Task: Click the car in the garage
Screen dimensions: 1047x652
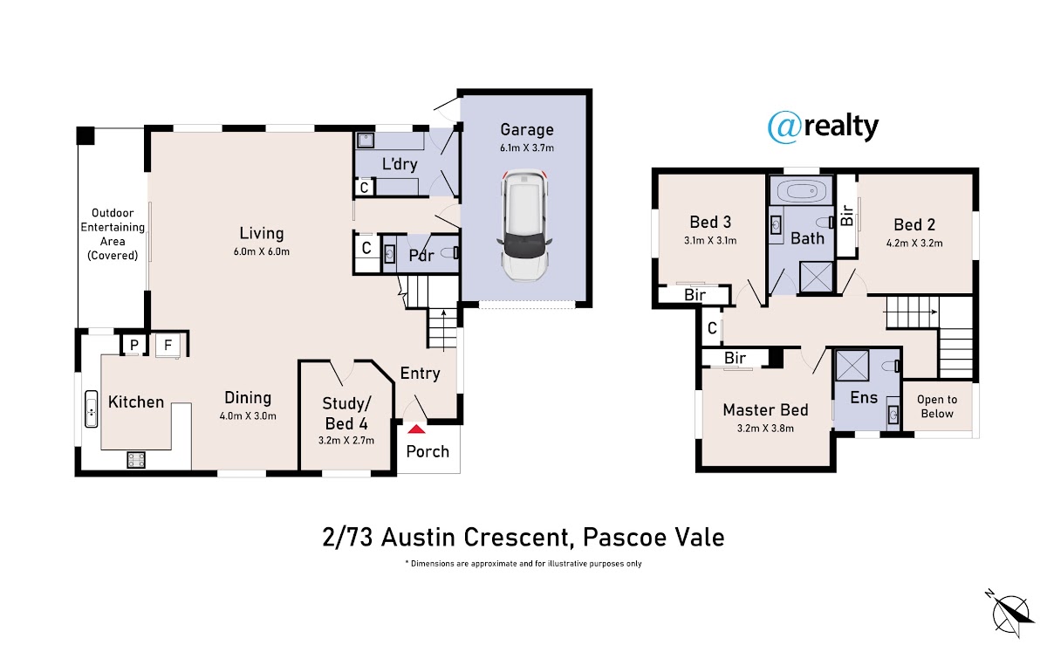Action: coord(524,226)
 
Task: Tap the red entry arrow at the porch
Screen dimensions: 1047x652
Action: coord(416,429)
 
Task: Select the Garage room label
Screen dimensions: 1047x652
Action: coord(527,129)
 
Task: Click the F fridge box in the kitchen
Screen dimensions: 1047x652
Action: coord(168,345)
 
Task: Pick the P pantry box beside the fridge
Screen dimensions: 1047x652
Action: coord(134,345)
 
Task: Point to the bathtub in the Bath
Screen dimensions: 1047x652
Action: coord(801,191)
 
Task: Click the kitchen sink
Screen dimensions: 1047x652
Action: coord(91,408)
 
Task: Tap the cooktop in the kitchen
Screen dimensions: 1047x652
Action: coord(136,459)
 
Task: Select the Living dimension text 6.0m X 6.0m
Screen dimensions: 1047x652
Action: coord(261,251)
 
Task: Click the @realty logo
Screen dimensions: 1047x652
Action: coord(823,127)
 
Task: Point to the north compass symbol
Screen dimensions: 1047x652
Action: coord(1011,614)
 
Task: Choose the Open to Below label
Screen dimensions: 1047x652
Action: coord(937,407)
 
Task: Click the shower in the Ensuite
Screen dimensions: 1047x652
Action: coord(852,365)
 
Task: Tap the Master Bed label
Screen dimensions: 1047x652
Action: coord(765,410)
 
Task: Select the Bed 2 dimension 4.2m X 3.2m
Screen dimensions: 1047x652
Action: coord(914,244)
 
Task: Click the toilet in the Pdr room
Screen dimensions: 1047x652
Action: coord(450,253)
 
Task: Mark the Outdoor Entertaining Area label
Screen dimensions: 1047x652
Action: coord(113,234)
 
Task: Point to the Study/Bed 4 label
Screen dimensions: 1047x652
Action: coord(346,414)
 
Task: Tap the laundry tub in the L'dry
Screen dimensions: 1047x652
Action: coord(365,141)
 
